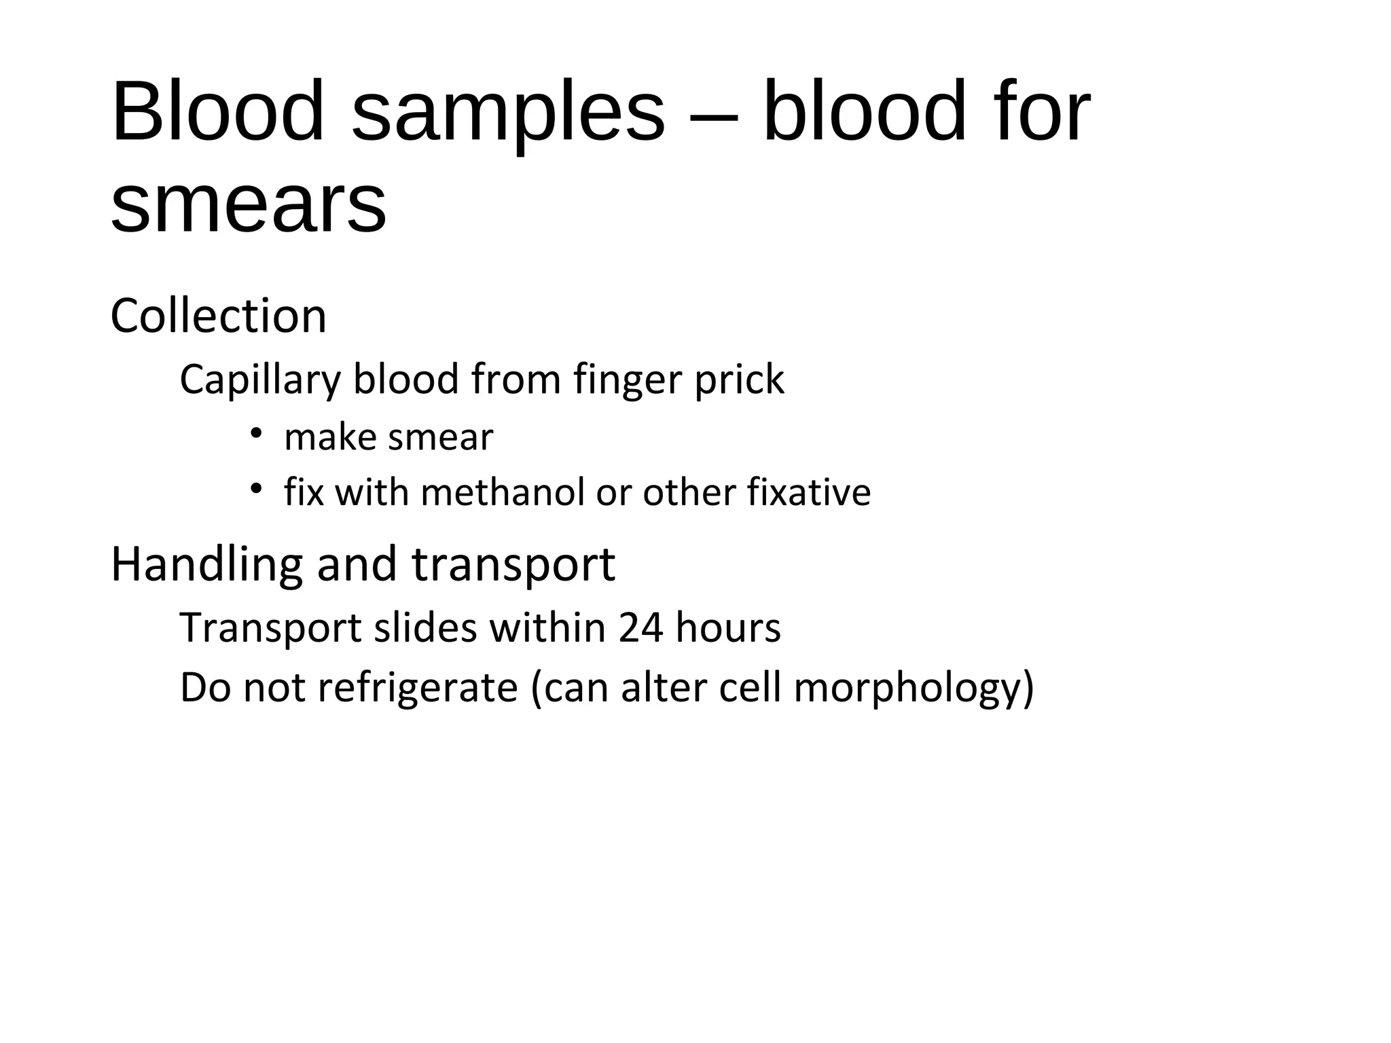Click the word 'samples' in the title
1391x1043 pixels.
[x=508, y=113]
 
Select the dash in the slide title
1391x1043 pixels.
[x=713, y=114]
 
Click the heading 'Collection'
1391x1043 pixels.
[x=218, y=316]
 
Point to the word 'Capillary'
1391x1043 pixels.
[x=259, y=380]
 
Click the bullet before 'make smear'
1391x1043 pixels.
[x=255, y=433]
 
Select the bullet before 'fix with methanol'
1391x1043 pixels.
[x=255, y=488]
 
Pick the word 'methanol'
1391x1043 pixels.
[x=503, y=492]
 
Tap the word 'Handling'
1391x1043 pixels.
[x=206, y=565]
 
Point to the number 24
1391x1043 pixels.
[x=640, y=628]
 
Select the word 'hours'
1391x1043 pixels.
[x=728, y=628]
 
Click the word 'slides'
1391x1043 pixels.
[x=426, y=628]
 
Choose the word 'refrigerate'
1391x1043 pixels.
[x=417, y=688]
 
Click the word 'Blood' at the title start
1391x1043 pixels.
[x=218, y=113]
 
